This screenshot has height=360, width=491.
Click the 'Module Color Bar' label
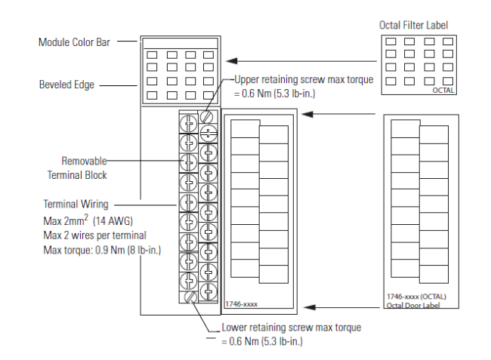(74, 42)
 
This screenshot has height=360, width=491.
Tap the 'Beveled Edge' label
(66, 85)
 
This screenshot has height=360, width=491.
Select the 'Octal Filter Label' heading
(413, 26)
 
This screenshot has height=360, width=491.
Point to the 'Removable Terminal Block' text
(84, 168)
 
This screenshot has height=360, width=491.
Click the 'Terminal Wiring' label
(76, 204)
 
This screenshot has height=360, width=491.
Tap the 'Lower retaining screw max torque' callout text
(292, 328)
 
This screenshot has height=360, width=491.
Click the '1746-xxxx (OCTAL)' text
(415, 298)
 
